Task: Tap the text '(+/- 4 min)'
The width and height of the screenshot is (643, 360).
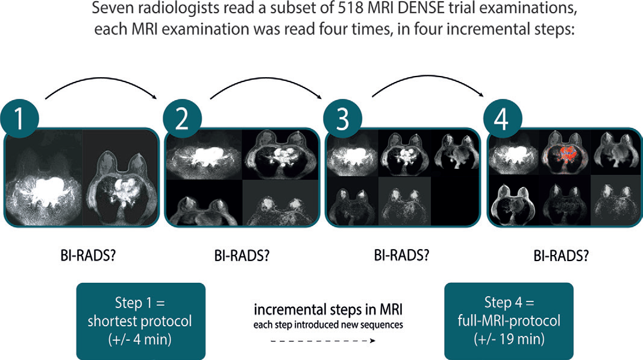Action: pos(141,338)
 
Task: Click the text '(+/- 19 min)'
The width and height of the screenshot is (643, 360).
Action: pos(509,338)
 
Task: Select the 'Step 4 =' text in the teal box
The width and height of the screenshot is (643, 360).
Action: pos(509,302)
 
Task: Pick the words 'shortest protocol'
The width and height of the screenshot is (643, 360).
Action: pos(141,320)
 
